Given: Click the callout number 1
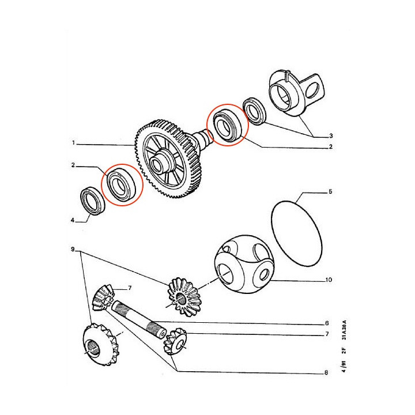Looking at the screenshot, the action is (x=74, y=143).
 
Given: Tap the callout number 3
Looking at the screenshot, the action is (x=331, y=136).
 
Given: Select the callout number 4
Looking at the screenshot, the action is (x=73, y=220).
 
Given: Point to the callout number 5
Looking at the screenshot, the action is (x=330, y=191).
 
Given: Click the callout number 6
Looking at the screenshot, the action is (x=327, y=323).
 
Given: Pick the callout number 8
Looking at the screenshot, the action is (x=326, y=373).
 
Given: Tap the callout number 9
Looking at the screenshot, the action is (x=73, y=250).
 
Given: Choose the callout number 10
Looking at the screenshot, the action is (x=329, y=280).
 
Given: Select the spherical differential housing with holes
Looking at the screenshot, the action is (x=244, y=265).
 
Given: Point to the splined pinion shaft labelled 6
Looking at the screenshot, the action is (x=139, y=320).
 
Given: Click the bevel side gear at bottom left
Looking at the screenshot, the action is (x=100, y=344).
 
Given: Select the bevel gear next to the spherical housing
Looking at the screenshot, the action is (x=183, y=297).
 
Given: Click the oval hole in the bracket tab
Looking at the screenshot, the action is (x=312, y=90).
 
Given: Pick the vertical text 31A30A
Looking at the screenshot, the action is (x=344, y=330).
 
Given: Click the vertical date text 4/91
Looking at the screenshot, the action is (x=344, y=366).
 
